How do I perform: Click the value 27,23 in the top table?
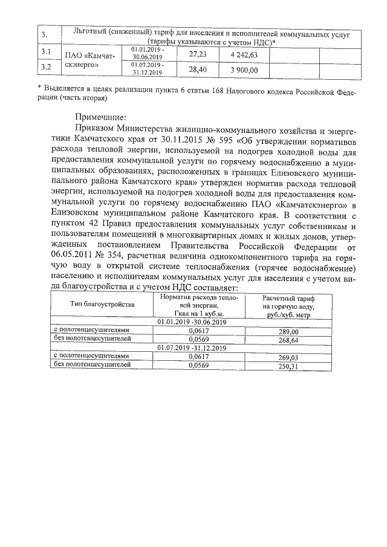point(198,54)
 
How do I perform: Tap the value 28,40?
point(198,70)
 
